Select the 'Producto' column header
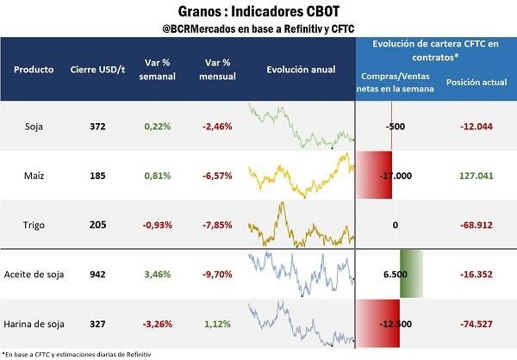coord(36,69)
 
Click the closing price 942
coord(97,275)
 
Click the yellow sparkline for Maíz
coord(298,176)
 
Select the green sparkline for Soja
coord(298,126)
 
